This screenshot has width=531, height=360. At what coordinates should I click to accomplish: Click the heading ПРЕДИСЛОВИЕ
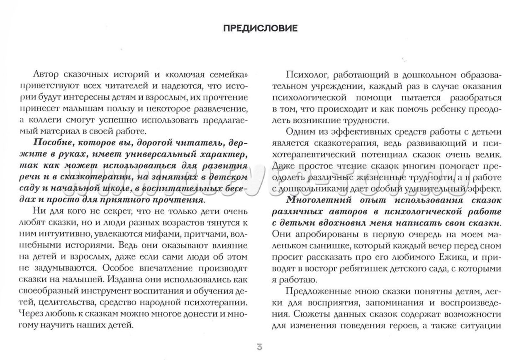pyautogui.click(x=260, y=29)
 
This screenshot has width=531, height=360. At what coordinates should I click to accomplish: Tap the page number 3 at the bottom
pyautogui.click(x=260, y=346)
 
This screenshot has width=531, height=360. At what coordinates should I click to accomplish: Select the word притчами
pyautogui.click(x=195, y=234)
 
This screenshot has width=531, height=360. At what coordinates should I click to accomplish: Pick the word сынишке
pyautogui.click(x=326, y=246)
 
